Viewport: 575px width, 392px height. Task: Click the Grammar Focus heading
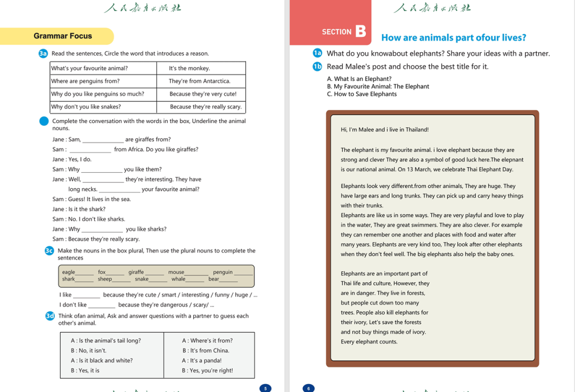coord(62,36)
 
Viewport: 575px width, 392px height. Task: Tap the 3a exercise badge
coord(44,53)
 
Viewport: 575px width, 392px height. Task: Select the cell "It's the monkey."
coord(189,68)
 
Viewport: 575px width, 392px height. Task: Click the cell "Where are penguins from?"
coord(85,81)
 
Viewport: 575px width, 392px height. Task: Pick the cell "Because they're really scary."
coord(206,107)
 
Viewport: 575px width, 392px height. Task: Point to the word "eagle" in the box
coord(69,272)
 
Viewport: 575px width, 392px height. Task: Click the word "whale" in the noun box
coord(178,279)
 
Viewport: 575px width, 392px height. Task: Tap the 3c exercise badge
coord(50,251)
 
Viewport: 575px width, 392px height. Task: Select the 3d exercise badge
coord(50,316)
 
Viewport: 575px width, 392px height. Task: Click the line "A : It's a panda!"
coord(202,361)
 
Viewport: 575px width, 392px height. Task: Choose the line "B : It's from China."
coord(206,350)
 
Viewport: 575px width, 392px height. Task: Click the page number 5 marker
coord(266,388)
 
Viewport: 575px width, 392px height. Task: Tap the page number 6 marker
coord(308,388)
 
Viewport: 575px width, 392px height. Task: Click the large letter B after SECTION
coord(360,31)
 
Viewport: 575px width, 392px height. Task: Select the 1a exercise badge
coord(318,53)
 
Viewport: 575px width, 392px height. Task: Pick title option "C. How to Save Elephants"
coord(362,94)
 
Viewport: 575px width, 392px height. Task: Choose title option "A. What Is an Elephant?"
coord(359,79)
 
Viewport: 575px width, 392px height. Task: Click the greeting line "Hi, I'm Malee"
coord(384,130)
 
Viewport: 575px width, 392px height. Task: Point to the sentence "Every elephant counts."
coord(369,341)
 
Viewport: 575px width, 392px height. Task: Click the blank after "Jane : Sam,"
coord(103,140)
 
